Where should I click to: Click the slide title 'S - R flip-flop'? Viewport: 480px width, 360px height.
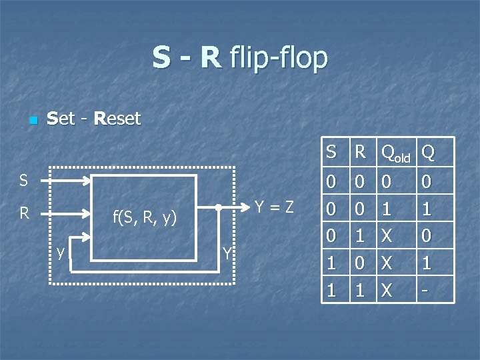coord(240,57)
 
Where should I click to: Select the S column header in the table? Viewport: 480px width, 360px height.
coord(331,153)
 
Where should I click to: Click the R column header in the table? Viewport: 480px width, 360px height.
coord(360,153)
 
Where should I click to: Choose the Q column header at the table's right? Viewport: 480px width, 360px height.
coord(429,153)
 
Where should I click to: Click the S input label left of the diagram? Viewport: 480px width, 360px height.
coord(23,180)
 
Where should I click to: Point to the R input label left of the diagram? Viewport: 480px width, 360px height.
coord(24,213)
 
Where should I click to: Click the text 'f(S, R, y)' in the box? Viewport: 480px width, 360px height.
coord(144,217)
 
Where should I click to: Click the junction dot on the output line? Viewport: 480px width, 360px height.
coord(219,207)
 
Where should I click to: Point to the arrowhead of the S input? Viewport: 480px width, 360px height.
coord(87,180)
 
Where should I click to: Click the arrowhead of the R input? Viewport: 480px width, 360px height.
coord(87,214)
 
